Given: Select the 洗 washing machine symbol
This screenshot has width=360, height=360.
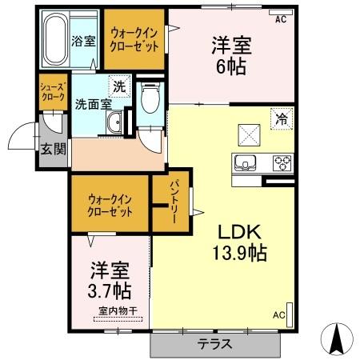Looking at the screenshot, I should (x=118, y=86).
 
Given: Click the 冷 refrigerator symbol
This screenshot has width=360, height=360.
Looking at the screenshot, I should (x=282, y=117).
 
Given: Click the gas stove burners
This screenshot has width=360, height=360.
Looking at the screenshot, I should (x=282, y=162).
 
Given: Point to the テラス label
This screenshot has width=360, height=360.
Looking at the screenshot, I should (x=215, y=345).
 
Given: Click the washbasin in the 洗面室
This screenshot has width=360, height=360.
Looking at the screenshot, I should (x=114, y=123).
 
